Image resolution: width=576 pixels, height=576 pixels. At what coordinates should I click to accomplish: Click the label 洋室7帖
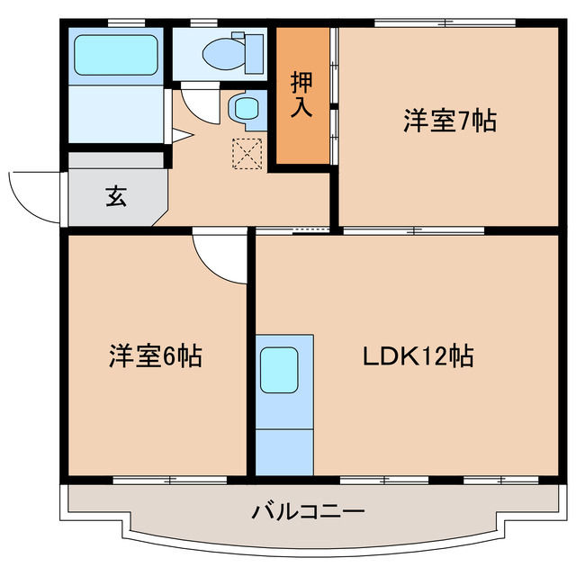click(449, 121)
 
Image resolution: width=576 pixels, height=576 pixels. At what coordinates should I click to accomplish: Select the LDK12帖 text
click(418, 356)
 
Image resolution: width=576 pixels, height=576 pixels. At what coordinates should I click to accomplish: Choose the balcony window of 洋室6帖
click(157, 479)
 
